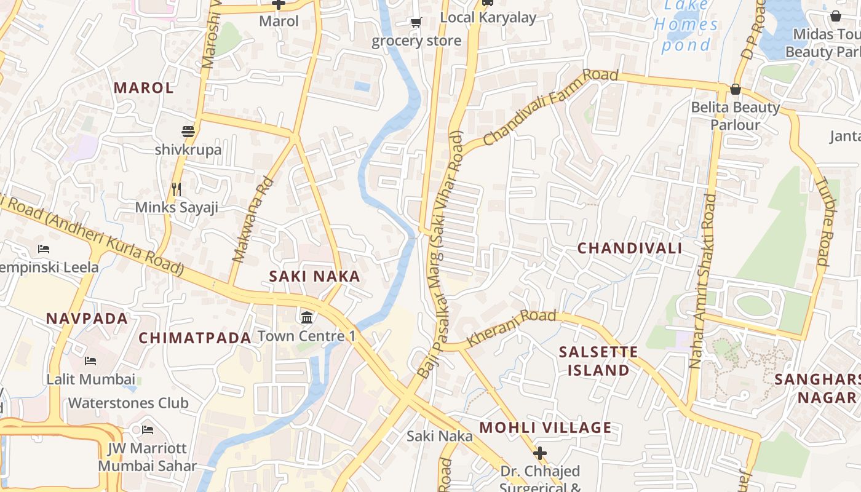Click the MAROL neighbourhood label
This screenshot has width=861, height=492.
click(144, 87)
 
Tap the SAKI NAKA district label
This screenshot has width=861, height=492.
click(314, 277)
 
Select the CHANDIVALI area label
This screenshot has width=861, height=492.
click(630, 248)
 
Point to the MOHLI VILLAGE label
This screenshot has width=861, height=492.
click(546, 427)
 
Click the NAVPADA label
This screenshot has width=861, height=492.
click(87, 319)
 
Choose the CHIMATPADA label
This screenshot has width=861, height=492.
click(195, 338)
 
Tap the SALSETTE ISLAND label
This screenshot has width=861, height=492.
click(598, 361)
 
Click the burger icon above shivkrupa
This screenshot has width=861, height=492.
click(188, 132)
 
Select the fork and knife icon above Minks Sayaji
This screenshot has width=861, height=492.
click(177, 189)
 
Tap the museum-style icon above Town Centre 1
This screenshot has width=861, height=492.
click(307, 318)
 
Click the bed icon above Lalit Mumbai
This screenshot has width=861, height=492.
click(90, 361)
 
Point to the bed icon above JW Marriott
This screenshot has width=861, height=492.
click(148, 429)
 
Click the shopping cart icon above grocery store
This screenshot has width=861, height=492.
click(416, 23)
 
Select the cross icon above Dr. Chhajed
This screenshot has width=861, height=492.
click(540, 453)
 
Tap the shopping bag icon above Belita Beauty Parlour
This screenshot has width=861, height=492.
click(735, 90)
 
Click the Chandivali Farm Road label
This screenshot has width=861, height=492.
click(550, 108)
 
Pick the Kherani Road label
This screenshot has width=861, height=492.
click(511, 328)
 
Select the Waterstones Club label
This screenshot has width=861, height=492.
click(128, 403)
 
